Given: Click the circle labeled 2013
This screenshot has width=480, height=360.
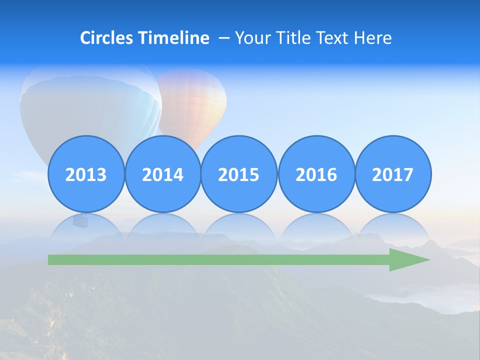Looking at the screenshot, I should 86,174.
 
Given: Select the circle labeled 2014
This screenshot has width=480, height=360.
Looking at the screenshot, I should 162,174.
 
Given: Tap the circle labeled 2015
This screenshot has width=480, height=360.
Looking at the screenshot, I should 239,174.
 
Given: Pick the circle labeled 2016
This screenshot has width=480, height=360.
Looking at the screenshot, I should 316,174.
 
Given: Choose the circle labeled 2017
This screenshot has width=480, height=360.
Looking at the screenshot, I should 392,174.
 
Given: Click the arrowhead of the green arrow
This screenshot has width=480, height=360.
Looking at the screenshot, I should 407,259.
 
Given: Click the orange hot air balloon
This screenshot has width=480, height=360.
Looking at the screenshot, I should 195,100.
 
